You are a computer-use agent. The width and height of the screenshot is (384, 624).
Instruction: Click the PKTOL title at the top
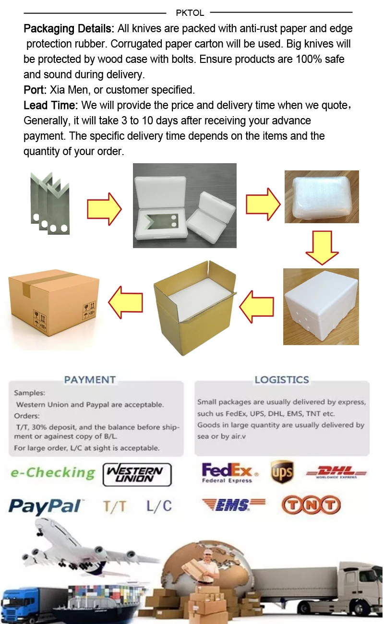pyautogui.click(x=190, y=13)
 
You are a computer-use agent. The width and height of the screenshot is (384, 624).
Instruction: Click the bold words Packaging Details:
pyautogui.click(x=69, y=29)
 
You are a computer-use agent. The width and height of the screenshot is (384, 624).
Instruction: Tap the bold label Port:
pyautogui.click(x=35, y=90)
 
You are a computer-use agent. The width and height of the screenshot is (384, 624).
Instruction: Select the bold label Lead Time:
pyautogui.click(x=51, y=105)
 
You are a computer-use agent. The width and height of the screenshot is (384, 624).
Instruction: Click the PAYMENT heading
pyautogui.click(x=90, y=380)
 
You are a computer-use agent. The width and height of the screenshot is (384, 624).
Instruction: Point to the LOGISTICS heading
pyautogui.click(x=282, y=380)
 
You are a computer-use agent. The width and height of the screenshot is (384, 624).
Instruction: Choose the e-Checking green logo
pyautogui.click(x=53, y=472)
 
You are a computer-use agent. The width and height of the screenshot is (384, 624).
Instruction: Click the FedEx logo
pyautogui.click(x=227, y=472)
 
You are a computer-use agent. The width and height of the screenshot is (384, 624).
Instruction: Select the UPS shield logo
pyautogui.click(x=282, y=472)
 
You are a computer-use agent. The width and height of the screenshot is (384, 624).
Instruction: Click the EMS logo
pyautogui.click(x=233, y=505)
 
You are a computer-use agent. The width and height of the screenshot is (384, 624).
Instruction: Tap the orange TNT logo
pyautogui.click(x=311, y=505)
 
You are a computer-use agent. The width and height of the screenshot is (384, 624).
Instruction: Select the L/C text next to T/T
pyautogui.click(x=159, y=506)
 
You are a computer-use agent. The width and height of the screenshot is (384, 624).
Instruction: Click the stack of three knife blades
pyautogui.click(x=49, y=203)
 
